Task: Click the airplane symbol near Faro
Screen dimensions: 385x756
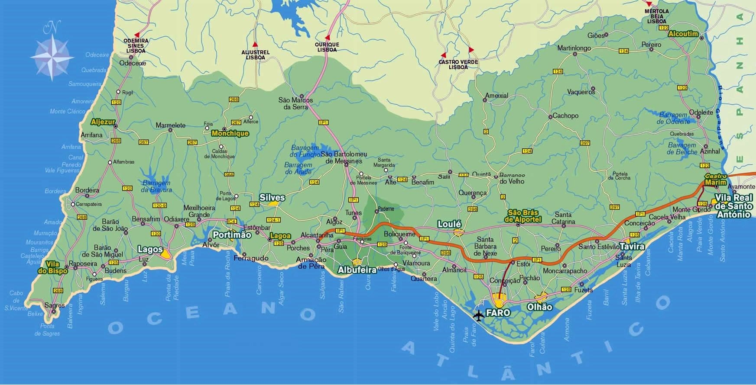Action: (x=478, y=315)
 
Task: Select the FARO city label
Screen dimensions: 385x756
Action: (x=498, y=312)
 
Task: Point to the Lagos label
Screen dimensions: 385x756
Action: (x=150, y=249)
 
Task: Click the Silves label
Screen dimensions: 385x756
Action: (x=272, y=197)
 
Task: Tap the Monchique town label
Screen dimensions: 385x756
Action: (x=230, y=133)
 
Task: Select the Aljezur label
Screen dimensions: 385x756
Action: (x=103, y=122)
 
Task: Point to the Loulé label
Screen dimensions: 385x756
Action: (x=449, y=224)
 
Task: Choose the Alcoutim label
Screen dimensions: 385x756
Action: (x=683, y=34)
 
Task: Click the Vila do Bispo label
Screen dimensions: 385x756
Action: (x=56, y=267)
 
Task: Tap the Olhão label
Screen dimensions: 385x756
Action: (x=539, y=307)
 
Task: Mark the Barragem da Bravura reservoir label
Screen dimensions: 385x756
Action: (x=156, y=186)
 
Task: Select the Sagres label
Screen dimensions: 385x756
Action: (x=55, y=305)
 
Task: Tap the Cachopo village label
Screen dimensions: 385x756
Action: (x=565, y=115)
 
